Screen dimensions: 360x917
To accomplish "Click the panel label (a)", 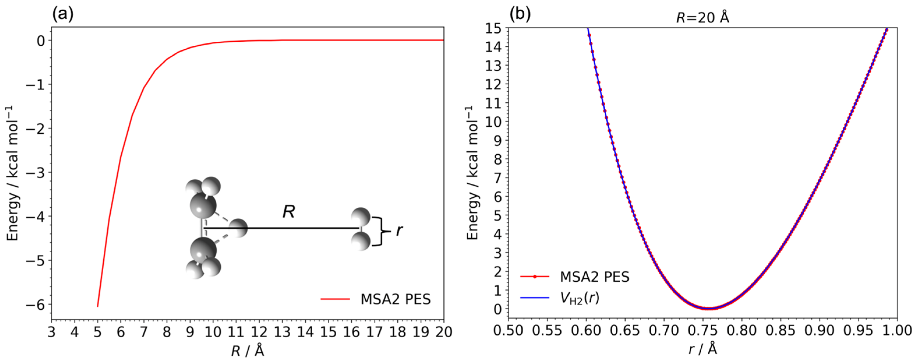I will pos(63,14).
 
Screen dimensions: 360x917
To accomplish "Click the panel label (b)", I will pos(520,14).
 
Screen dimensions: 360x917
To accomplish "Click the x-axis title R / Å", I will pos(248,351).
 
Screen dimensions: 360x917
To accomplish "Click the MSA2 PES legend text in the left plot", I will pos(396,299).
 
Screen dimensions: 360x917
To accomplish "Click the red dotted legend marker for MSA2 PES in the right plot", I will pos(535,277).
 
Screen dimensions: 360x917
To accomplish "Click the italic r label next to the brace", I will pos(399,230).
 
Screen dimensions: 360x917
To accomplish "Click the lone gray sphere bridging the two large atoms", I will pos(238,228).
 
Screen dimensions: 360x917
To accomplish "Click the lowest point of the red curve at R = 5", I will pos(98,306).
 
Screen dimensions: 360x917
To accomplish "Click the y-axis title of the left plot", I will pos(13,173).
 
